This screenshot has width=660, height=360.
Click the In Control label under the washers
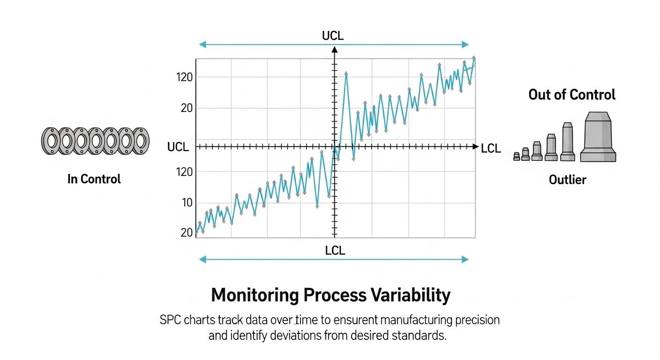(x=94, y=179)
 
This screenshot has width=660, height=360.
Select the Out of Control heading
(x=572, y=95)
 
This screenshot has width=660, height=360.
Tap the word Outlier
(x=567, y=180)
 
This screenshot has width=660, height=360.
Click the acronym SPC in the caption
(x=169, y=321)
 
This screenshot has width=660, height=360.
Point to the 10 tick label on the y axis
(x=187, y=203)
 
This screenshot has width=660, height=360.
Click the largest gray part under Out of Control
(x=598, y=137)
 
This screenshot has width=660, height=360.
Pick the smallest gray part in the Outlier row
(x=517, y=157)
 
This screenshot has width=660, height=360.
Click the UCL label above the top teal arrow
(x=333, y=36)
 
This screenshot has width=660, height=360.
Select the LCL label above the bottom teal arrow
(x=335, y=251)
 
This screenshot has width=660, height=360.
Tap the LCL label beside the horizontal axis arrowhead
(x=491, y=149)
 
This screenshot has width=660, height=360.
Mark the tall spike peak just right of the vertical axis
(x=346, y=74)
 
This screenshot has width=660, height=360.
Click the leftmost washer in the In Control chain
(x=51, y=141)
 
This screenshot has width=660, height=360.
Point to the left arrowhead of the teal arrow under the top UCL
(x=202, y=45)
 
